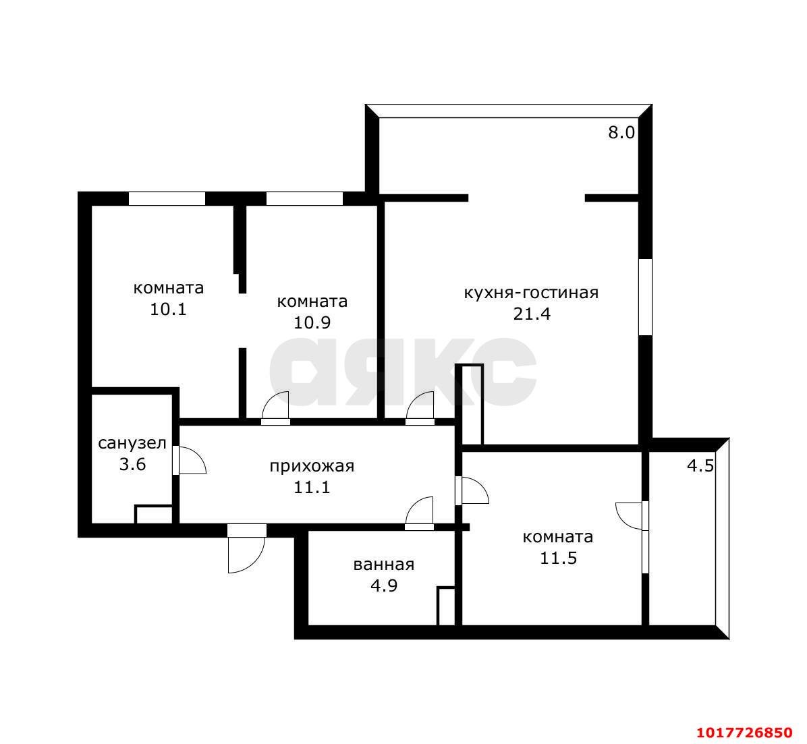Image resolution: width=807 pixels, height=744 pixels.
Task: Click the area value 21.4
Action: pyautogui.click(x=532, y=314)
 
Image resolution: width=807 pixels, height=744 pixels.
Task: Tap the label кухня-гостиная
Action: pyautogui.click(x=531, y=292)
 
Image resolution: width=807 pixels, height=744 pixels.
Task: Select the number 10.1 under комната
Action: pyautogui.click(x=168, y=309)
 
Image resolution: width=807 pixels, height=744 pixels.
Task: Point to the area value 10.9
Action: pyautogui.click(x=312, y=322)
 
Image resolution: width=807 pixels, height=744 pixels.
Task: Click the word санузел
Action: pyautogui.click(x=132, y=443)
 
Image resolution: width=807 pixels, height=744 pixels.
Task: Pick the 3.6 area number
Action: pyautogui.click(x=132, y=464)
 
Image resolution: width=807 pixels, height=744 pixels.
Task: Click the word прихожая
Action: pyautogui.click(x=312, y=466)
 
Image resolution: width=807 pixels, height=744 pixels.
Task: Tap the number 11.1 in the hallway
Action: pyautogui.click(x=312, y=487)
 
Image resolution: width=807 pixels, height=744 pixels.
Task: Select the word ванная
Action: pyautogui.click(x=384, y=565)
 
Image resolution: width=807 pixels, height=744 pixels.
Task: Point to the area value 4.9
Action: pyautogui.click(x=384, y=585)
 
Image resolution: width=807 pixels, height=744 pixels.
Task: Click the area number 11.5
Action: pyautogui.click(x=558, y=558)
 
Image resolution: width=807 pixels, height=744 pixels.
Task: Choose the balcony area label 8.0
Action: pyautogui.click(x=621, y=133)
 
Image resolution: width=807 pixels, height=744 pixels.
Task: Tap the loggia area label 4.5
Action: pyautogui.click(x=700, y=466)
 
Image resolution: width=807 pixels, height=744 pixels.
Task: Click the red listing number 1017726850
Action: pyautogui.click(x=745, y=732)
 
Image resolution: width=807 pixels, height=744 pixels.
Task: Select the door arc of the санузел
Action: pyautogui.click(x=190, y=460)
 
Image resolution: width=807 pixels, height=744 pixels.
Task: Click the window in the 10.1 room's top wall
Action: pyautogui.click(x=167, y=198)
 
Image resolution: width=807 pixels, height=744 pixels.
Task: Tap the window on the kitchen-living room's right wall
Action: pyautogui.click(x=645, y=297)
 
